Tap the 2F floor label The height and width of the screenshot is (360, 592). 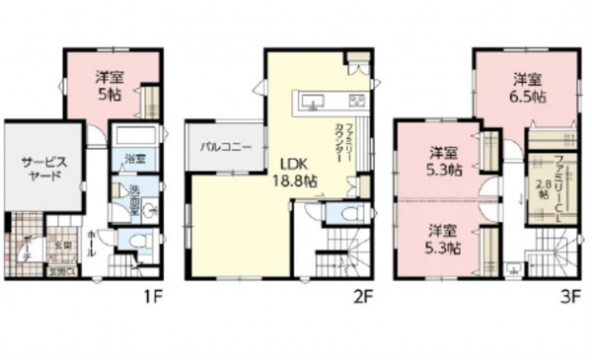click(362, 293)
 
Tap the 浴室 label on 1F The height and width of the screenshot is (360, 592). click(134, 158)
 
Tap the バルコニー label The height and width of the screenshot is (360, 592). click(226, 147)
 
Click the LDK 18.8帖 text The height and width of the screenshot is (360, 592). click(295, 173)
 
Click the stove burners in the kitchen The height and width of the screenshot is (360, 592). click(355, 101)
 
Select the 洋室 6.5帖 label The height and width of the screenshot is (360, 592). click(526, 88)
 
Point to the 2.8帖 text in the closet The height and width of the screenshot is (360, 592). click(543, 189)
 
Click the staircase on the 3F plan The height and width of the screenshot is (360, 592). click(549, 251)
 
